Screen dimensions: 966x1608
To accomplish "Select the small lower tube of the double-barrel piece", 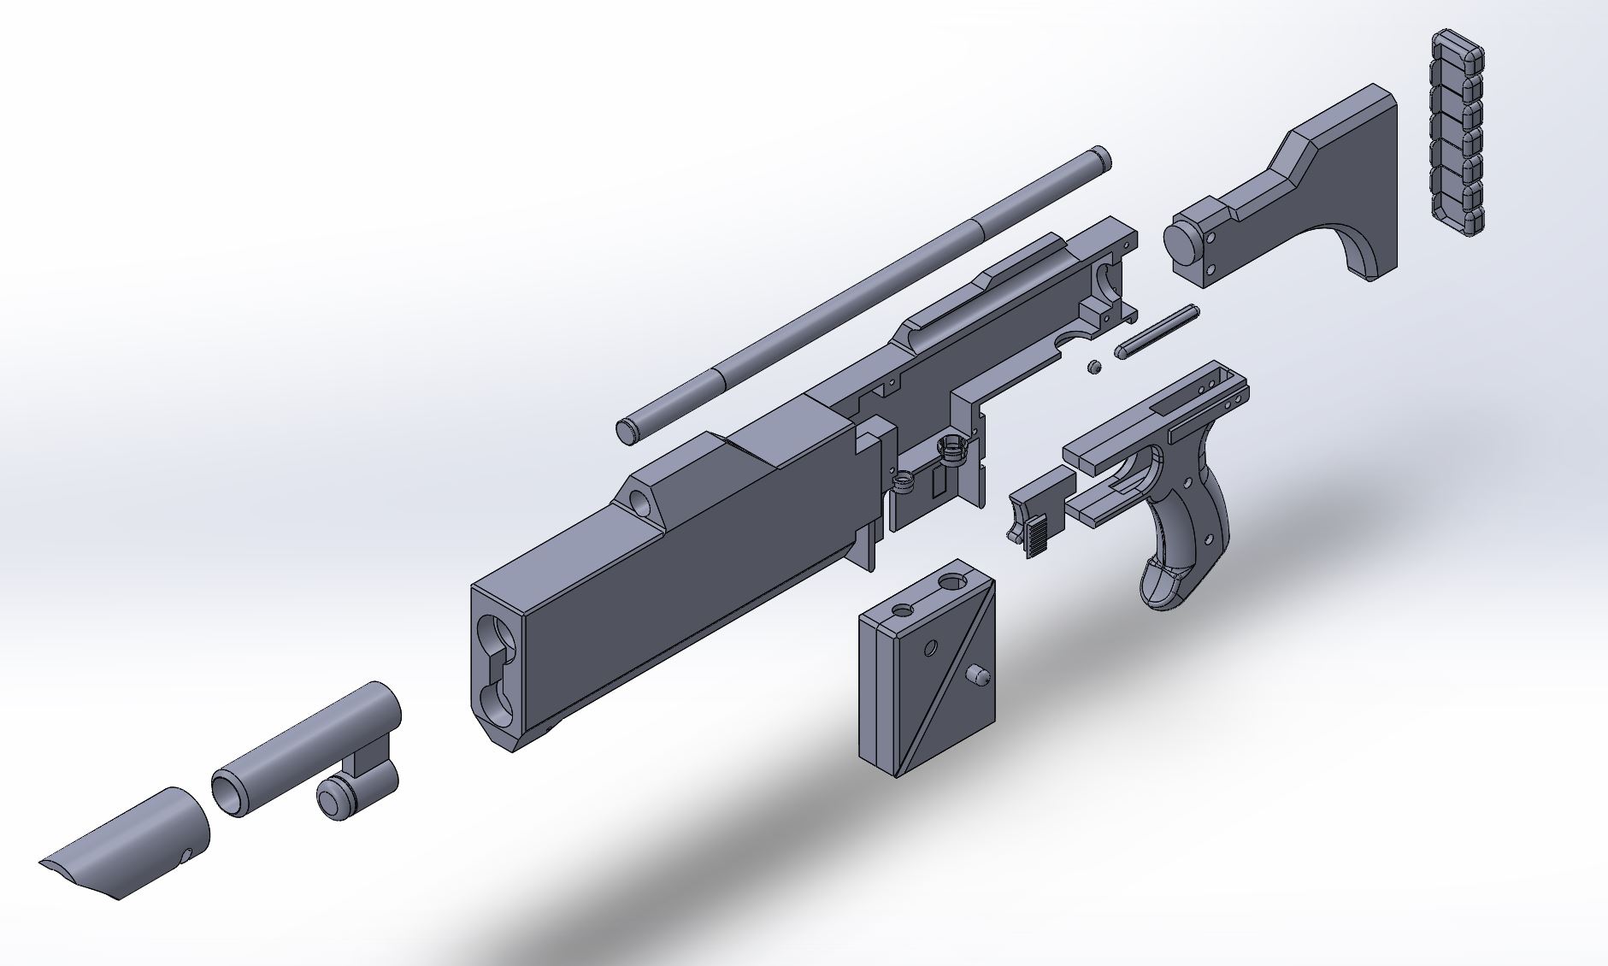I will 335,800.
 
